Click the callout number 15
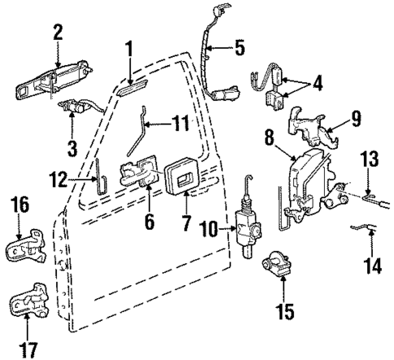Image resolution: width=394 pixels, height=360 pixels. point(284,310)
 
